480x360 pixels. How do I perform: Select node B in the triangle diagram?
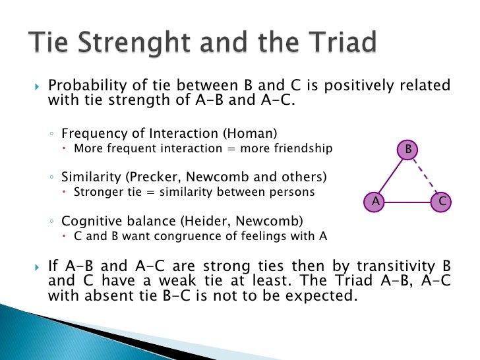pyautogui.click(x=408, y=150)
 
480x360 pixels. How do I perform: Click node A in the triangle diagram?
pyautogui.click(x=375, y=201)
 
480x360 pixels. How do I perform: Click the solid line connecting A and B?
pyautogui.click(x=391, y=176)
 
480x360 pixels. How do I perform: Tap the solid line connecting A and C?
pyautogui.click(x=407, y=201)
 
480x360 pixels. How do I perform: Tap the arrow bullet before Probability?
pyautogui.click(x=37, y=86)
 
